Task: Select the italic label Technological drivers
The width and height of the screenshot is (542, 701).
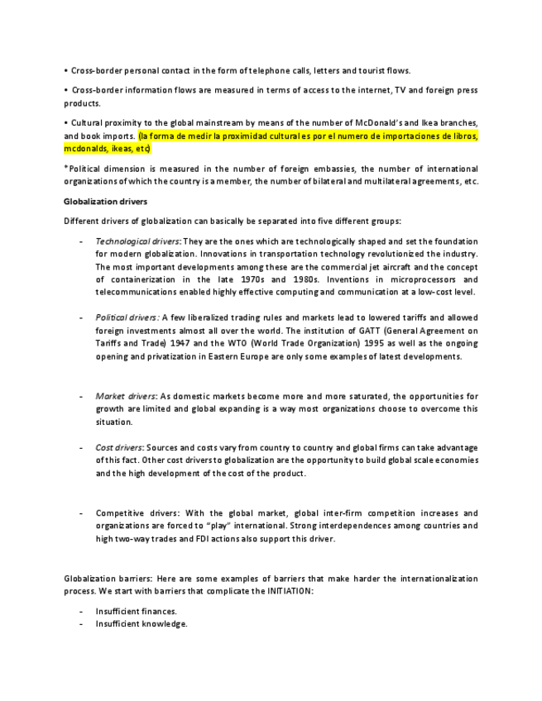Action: click(132, 241)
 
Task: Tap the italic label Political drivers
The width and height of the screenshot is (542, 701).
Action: click(127, 317)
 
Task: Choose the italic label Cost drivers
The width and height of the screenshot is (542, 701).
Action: click(118, 447)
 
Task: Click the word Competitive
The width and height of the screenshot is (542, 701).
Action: click(122, 513)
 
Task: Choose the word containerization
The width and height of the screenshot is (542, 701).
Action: click(147, 279)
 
